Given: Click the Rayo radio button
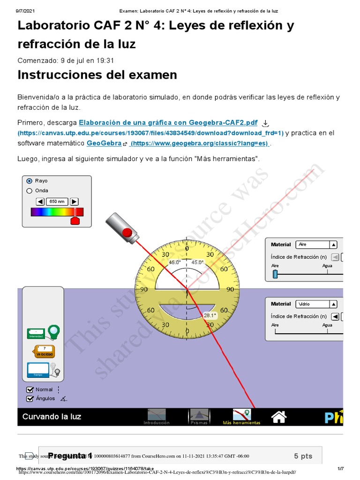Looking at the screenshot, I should [30, 181].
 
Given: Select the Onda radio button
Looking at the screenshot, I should [30, 191].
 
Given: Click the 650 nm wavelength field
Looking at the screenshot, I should [57, 202].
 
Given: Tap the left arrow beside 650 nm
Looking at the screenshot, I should [40, 202].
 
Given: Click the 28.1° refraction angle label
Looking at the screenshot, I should [210, 315].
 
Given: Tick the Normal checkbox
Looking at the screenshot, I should [30, 390].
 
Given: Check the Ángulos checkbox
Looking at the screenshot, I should [30, 399].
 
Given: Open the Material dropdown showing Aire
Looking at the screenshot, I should [317, 244].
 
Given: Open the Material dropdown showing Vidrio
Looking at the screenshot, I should [317, 304].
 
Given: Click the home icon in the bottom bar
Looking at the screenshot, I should [279, 416].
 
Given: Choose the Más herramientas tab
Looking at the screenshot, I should [241, 416].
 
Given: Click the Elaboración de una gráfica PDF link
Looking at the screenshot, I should [168, 123].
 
